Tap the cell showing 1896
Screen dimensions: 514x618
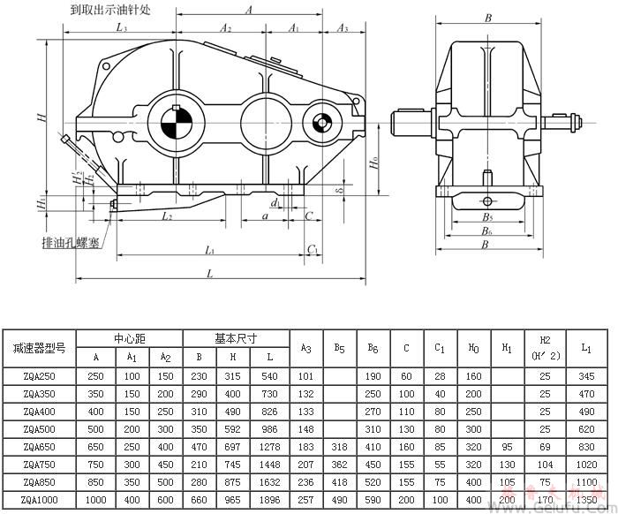270,498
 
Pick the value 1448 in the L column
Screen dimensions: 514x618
270,464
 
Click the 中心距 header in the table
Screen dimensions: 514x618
130,338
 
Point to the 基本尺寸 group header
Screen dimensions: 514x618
236,338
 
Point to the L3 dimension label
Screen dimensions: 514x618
121,29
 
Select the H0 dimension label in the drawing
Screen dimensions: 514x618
375,163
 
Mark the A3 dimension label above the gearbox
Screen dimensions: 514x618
343,29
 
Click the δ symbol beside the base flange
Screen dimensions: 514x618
337,189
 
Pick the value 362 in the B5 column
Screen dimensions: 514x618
339,464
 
